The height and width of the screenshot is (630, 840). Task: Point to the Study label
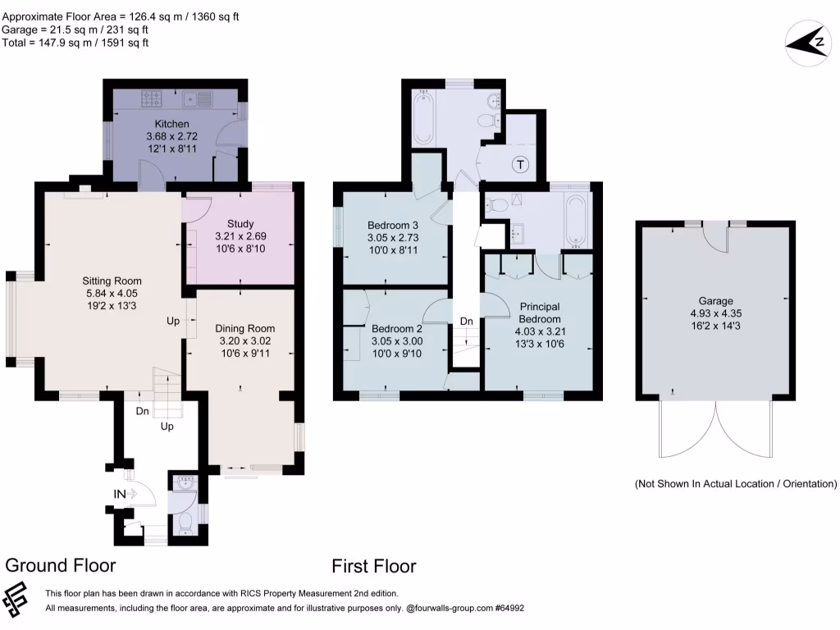pos(240,223)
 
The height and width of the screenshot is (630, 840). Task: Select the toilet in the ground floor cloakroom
pos(185,518)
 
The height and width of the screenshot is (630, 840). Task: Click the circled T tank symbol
pos(520,164)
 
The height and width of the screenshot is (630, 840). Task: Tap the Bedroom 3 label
pos(393,226)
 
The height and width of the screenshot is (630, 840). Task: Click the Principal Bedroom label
pos(540,313)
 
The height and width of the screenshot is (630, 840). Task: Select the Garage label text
pos(716,301)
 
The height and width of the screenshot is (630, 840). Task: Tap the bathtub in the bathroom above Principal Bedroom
pos(577,221)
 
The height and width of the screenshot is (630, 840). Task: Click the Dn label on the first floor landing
pos(466,321)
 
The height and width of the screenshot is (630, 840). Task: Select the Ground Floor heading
pos(61,565)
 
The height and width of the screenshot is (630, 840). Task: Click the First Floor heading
pos(373,566)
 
